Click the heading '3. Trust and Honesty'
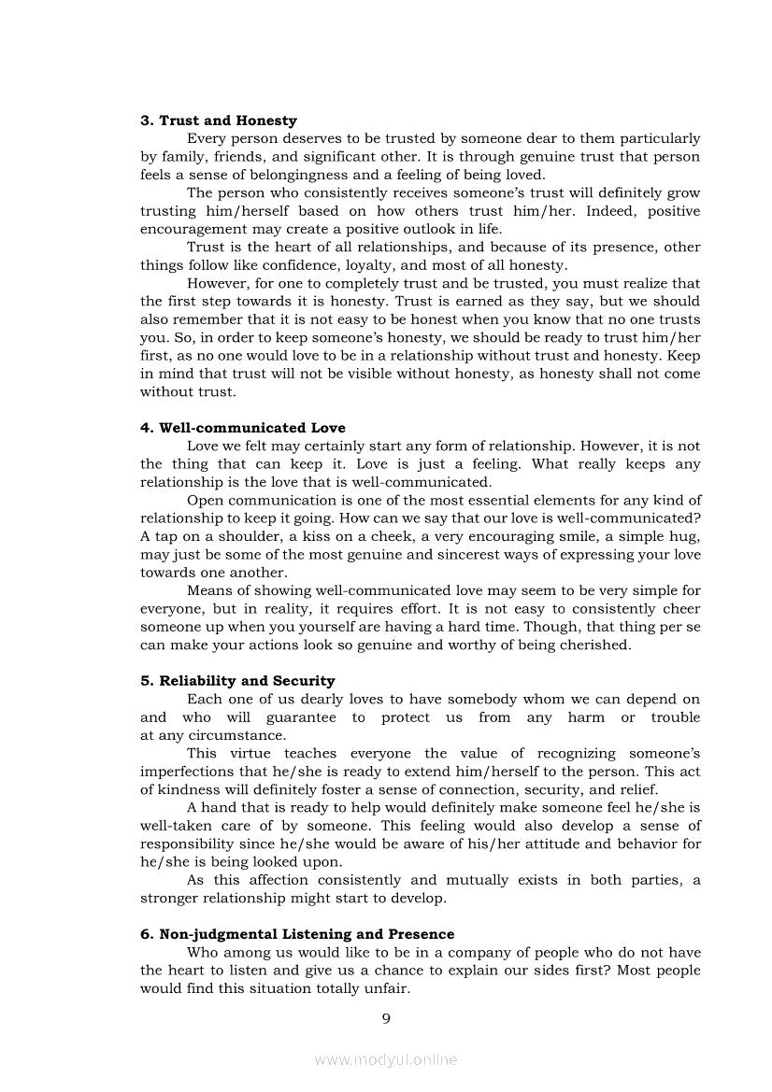coord(219,121)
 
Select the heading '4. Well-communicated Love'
coord(243,428)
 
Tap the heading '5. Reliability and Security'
coord(237,681)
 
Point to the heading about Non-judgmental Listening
coord(297,934)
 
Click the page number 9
coord(386,1018)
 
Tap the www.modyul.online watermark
coord(386,1060)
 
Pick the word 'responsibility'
coord(185,844)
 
